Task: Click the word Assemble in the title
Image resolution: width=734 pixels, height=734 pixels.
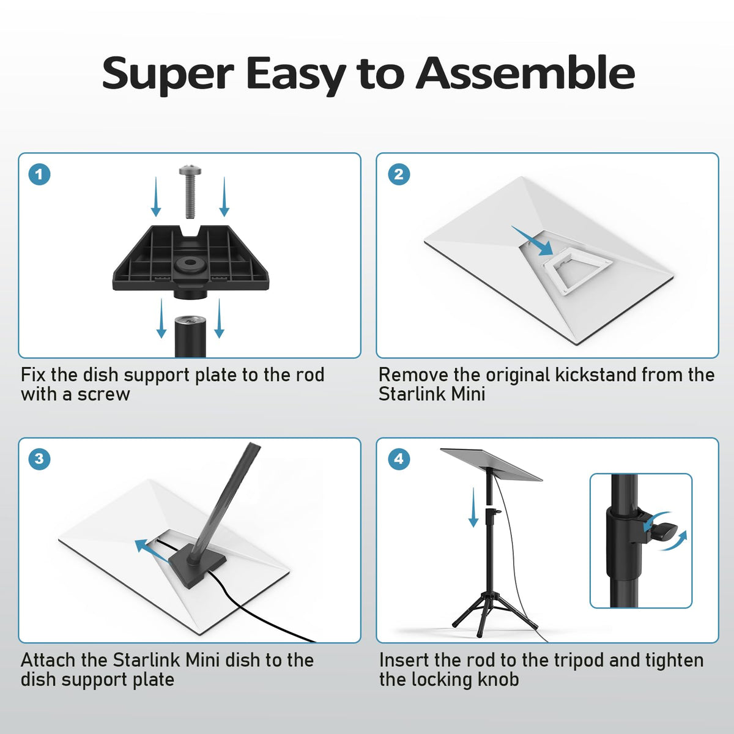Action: click(x=525, y=73)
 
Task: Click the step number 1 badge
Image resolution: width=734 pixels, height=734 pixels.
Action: click(x=40, y=174)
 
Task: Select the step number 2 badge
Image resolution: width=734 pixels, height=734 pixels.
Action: click(x=399, y=174)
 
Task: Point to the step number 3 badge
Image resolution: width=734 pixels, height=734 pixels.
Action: click(x=40, y=459)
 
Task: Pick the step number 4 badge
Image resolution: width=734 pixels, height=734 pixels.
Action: click(x=399, y=459)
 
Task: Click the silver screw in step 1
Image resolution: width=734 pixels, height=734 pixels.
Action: click(x=190, y=191)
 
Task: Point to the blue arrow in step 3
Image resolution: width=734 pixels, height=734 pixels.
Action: click(x=152, y=551)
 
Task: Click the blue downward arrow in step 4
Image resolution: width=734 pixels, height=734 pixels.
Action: click(x=473, y=507)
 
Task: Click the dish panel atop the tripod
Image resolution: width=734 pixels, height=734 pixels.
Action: click(x=491, y=464)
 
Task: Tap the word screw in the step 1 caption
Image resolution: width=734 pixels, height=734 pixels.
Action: click(x=103, y=395)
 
